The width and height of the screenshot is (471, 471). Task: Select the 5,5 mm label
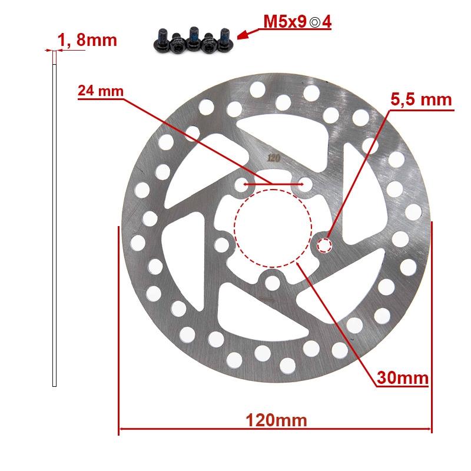[x=421, y=99]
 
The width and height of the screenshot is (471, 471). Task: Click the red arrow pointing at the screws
[x=250, y=32]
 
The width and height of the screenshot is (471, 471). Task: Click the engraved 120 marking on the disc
[x=273, y=157]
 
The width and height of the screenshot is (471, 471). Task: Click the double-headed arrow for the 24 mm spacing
[x=273, y=184]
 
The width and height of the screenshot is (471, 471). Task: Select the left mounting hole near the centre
[x=222, y=244]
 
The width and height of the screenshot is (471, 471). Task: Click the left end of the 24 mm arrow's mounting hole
[x=241, y=185]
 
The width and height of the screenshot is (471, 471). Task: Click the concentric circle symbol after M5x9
[x=316, y=23]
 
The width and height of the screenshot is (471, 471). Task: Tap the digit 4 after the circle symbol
[x=327, y=22]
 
